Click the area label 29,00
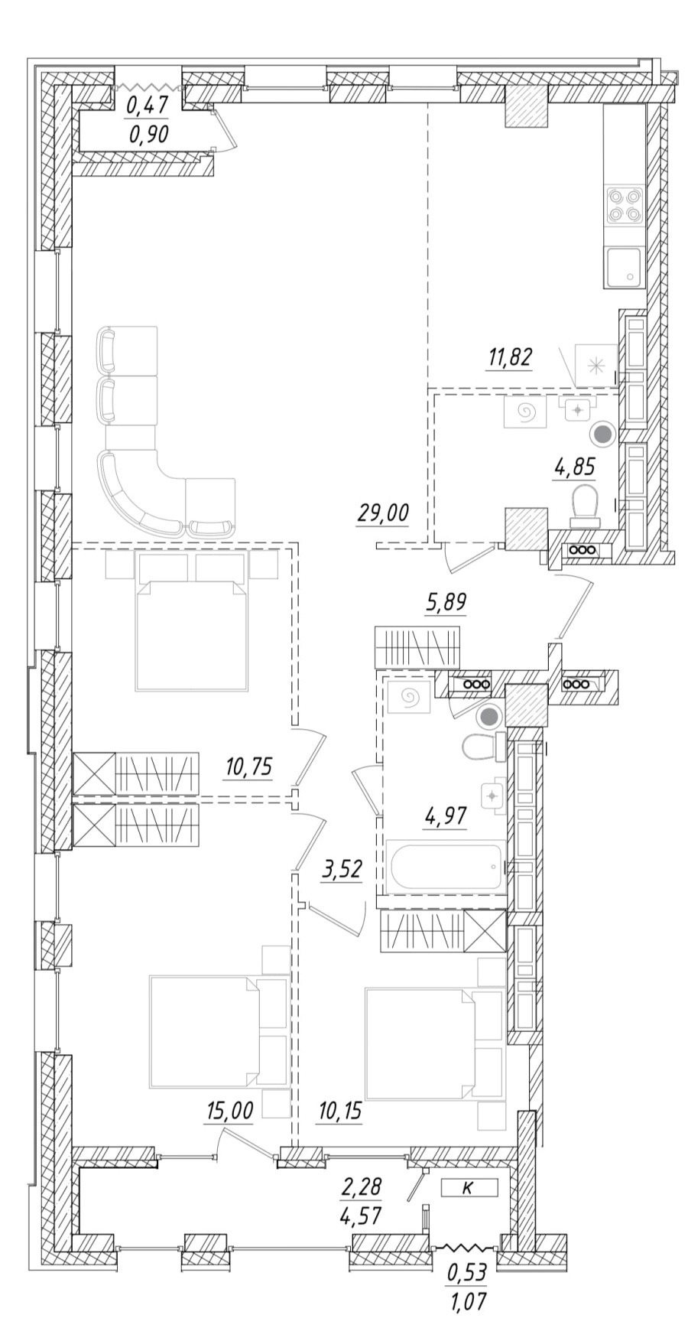[x=382, y=513]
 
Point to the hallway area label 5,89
[x=446, y=603]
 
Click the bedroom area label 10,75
[x=249, y=766]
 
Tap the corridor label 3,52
[x=340, y=871]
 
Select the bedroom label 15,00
[x=229, y=1111]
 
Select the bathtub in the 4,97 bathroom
[x=446, y=867]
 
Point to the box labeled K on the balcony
[x=469, y=1187]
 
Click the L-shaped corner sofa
[x=145, y=490]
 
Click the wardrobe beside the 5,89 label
[x=417, y=646]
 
